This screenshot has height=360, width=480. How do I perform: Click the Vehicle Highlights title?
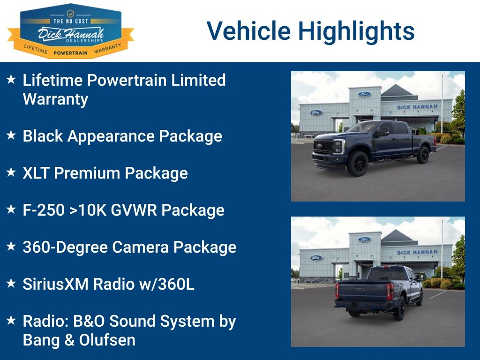(x=310, y=31)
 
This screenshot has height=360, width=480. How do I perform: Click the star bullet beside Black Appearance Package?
(x=11, y=136)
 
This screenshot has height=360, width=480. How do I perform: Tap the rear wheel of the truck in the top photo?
(x=423, y=154)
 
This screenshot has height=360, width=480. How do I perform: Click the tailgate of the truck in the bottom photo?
(x=361, y=292)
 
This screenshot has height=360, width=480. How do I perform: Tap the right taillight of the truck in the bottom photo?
(x=390, y=292)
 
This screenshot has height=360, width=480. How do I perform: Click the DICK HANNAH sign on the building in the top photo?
(x=417, y=107)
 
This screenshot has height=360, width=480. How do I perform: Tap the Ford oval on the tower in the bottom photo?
(x=364, y=240)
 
